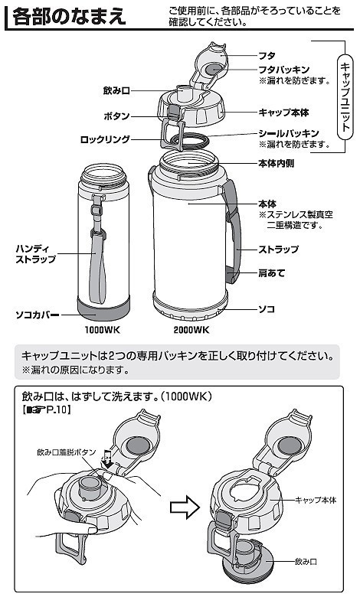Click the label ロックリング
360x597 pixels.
point(105,140)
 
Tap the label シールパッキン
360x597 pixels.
point(284,133)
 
